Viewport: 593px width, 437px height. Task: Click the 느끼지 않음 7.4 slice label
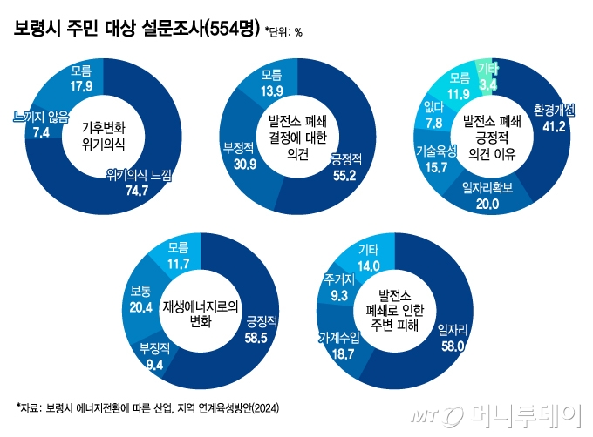40,124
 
